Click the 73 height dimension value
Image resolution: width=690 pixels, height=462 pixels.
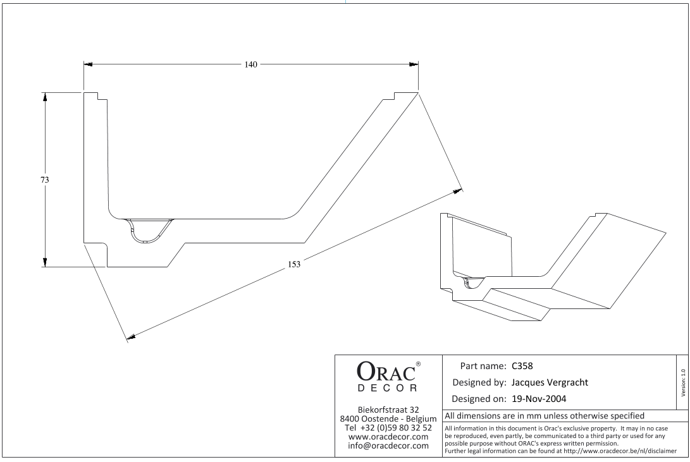click(x=45, y=180)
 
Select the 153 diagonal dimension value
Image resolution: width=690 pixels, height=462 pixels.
click(x=294, y=264)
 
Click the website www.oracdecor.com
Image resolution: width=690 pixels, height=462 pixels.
click(x=388, y=437)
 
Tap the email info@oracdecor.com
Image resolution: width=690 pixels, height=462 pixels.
click(x=388, y=447)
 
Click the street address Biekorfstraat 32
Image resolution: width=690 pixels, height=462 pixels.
click(x=388, y=409)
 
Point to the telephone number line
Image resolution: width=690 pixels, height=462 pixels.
click(x=388, y=428)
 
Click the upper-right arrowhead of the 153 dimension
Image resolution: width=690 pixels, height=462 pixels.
click(x=457, y=189)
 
